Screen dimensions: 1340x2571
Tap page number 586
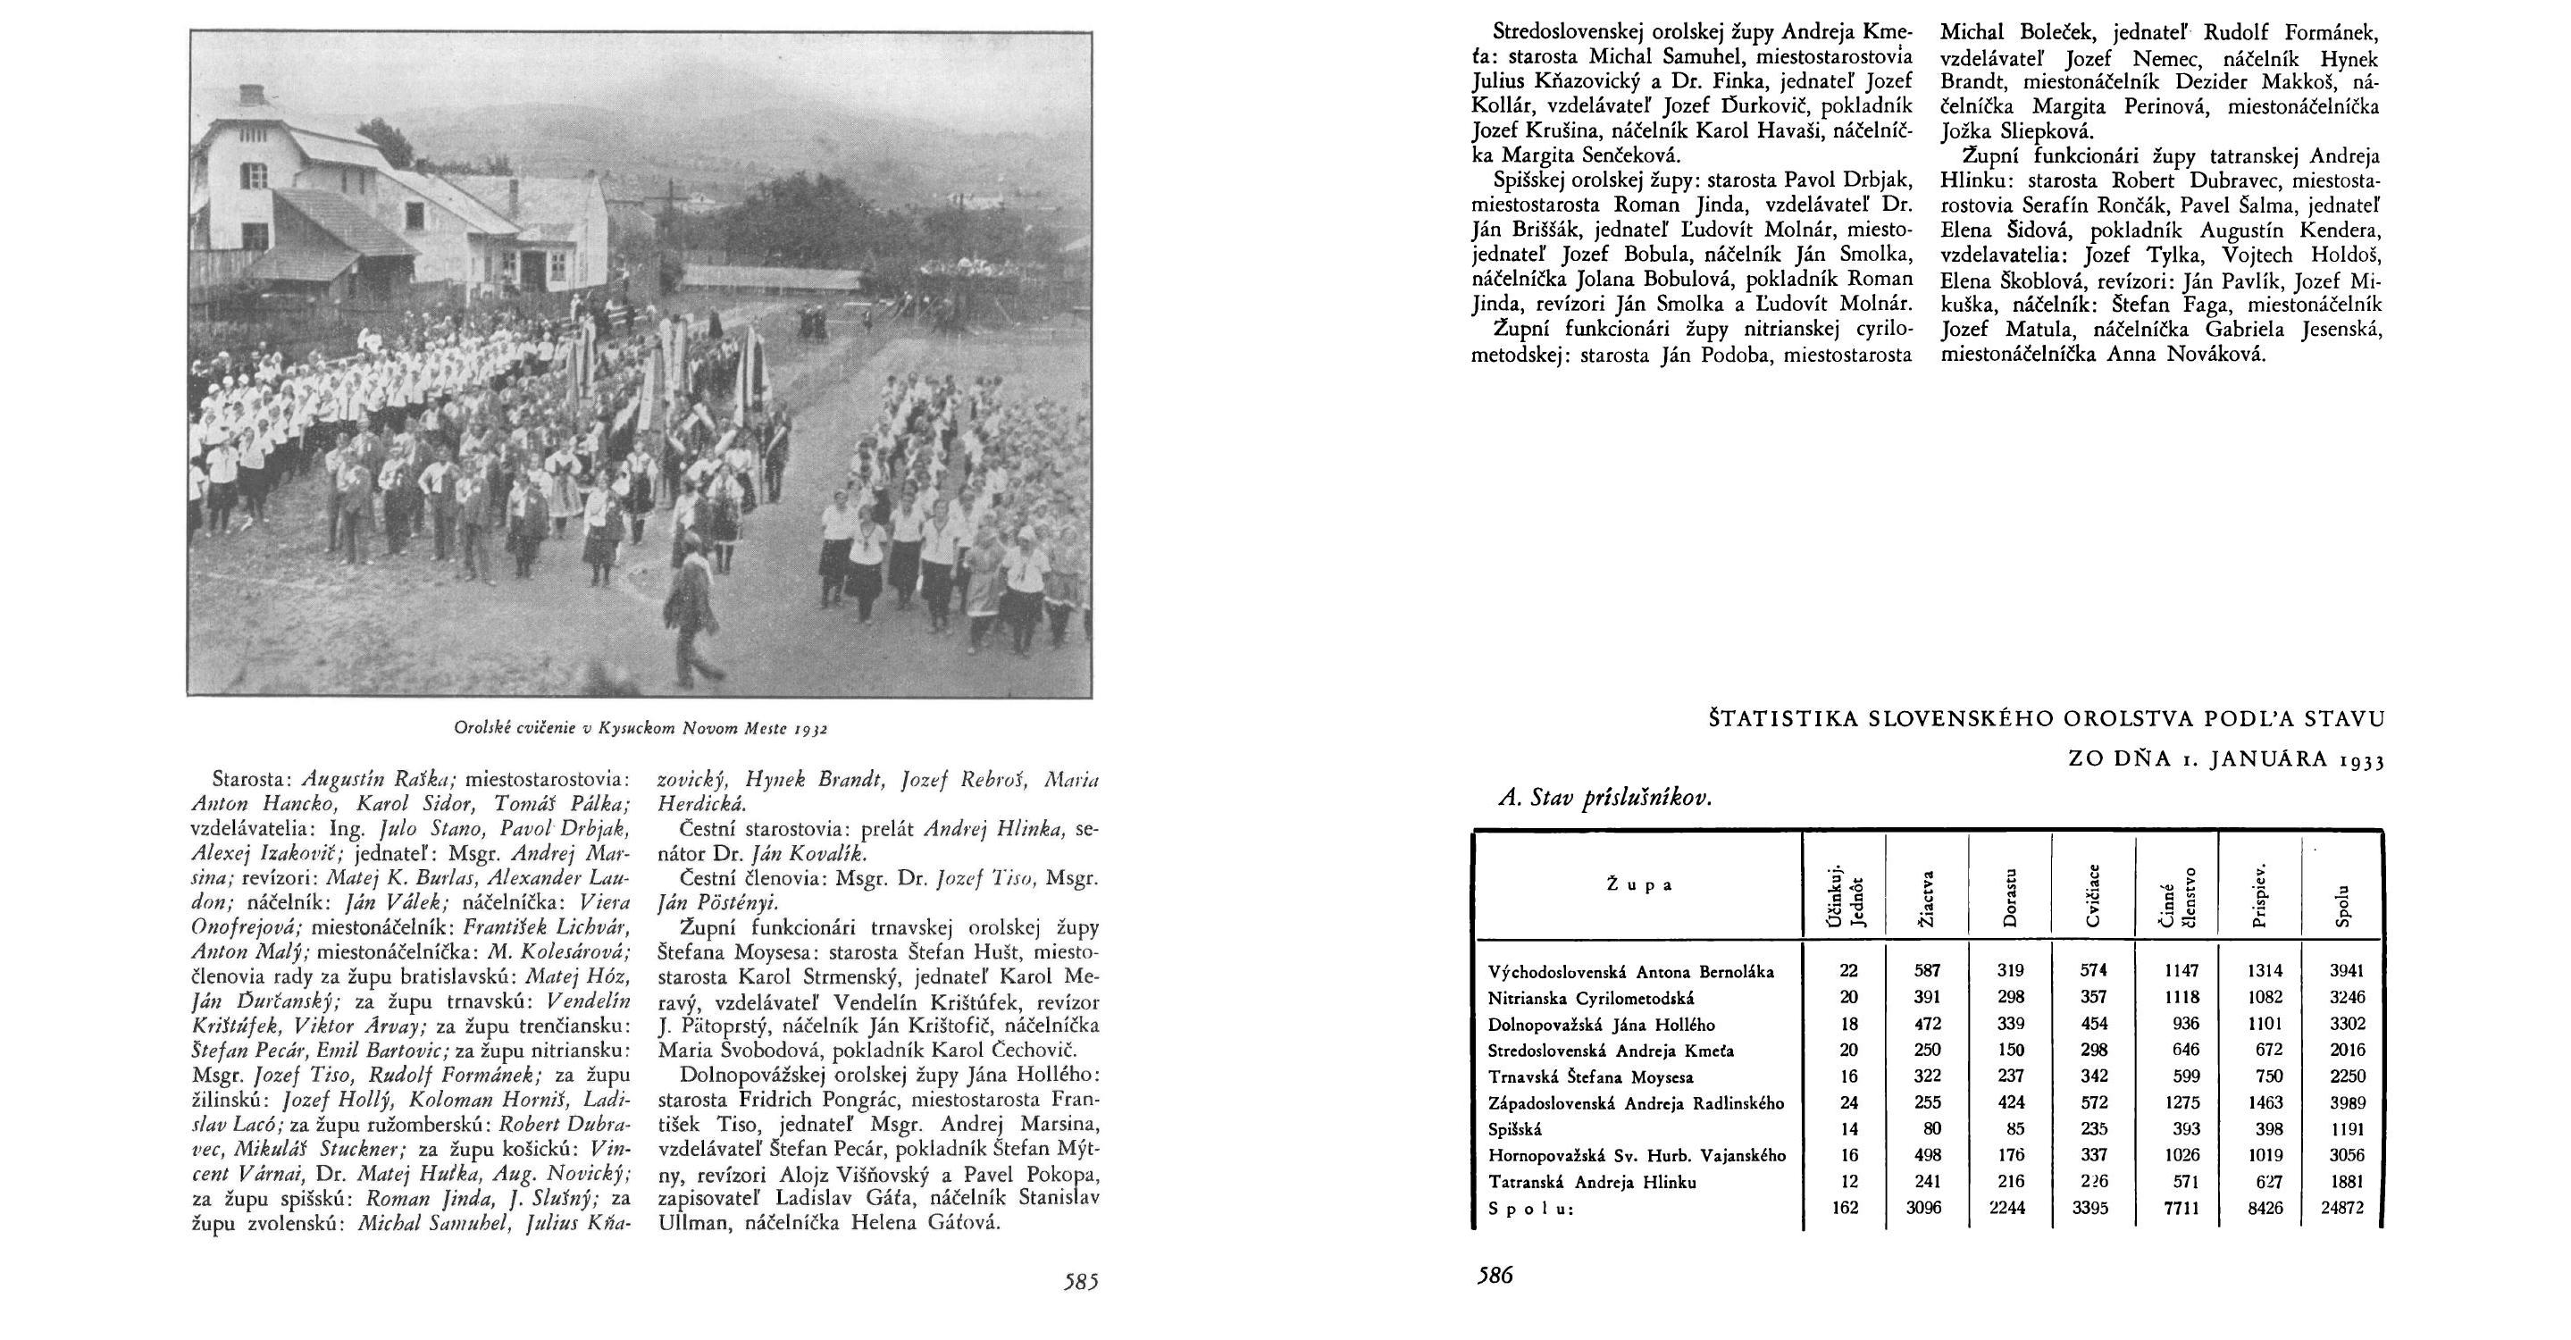[x=1495, y=1275]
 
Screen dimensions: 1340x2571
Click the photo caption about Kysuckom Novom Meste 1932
[x=641, y=728]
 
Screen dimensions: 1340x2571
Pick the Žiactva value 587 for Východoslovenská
[x=1927, y=971]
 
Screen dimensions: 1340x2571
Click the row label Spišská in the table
[x=1515, y=1129]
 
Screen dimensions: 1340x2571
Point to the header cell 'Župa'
[x=1639, y=884]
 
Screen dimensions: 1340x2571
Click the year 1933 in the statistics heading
[x=2357, y=761]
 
